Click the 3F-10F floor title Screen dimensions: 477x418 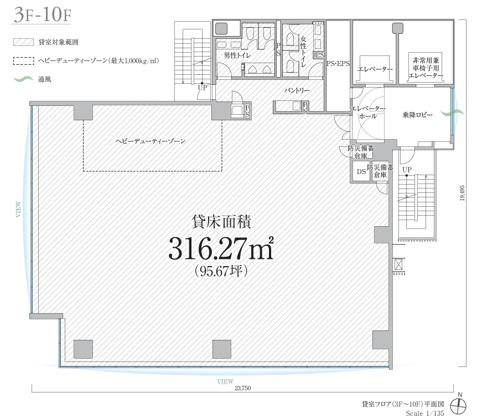pos(42,14)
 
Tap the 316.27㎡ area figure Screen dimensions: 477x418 pos(221,248)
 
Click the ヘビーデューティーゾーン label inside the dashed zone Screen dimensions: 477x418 pos(151,141)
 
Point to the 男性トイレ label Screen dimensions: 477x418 pos(237,55)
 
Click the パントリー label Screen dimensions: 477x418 pos(297,90)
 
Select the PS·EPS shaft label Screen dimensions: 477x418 pos(338,64)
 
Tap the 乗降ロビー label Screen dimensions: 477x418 pos(417,115)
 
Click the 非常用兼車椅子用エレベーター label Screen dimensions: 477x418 pos(426,68)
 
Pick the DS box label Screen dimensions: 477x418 pos(361,172)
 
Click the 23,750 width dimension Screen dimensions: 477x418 pos(243,388)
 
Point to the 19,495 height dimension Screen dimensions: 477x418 pos(462,193)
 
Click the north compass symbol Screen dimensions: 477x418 pos(458,405)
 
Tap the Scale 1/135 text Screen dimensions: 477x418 pos(425,413)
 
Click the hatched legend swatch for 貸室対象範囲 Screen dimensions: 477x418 pos(23,42)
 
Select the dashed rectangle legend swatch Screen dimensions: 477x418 pos(23,61)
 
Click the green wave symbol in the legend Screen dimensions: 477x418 pos(23,79)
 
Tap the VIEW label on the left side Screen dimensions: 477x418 pos(19,209)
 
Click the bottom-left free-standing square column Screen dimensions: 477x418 pos(83,349)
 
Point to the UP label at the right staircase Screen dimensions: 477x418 pos(407,170)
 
